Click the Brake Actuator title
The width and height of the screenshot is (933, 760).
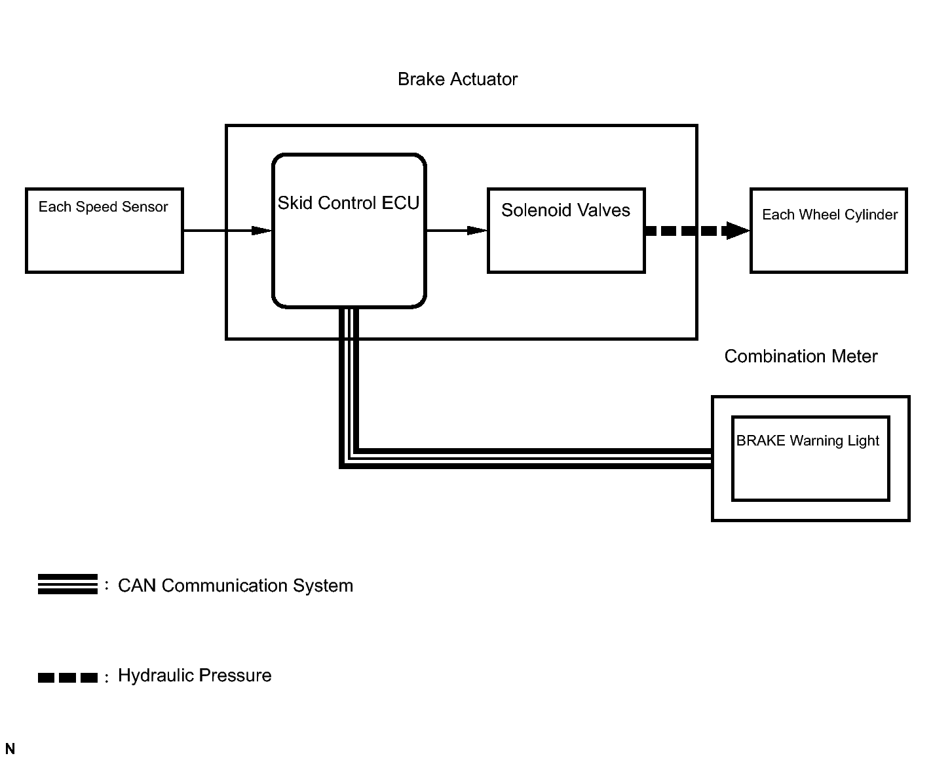457,79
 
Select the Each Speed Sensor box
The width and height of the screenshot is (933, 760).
104,231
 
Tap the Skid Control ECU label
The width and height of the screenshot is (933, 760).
348,203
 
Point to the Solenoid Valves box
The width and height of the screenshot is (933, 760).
566,231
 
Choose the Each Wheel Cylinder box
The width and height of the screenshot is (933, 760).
828,231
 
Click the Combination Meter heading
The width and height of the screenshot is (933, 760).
801,356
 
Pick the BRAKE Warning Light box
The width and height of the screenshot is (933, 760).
810,459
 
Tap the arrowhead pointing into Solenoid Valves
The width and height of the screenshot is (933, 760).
478,231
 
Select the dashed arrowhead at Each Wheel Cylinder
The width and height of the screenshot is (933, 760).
738,231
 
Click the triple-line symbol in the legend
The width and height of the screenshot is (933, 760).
67,584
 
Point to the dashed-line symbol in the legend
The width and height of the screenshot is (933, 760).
67,677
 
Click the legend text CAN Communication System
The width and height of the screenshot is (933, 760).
235,586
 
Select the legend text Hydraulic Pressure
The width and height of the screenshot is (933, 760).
195,676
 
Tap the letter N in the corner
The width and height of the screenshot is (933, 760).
10,749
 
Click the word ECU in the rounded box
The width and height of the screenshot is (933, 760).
400,203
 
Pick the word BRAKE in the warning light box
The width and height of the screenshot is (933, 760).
761,441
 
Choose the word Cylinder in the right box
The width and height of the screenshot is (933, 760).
869,215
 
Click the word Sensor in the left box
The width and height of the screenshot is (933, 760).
146,207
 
